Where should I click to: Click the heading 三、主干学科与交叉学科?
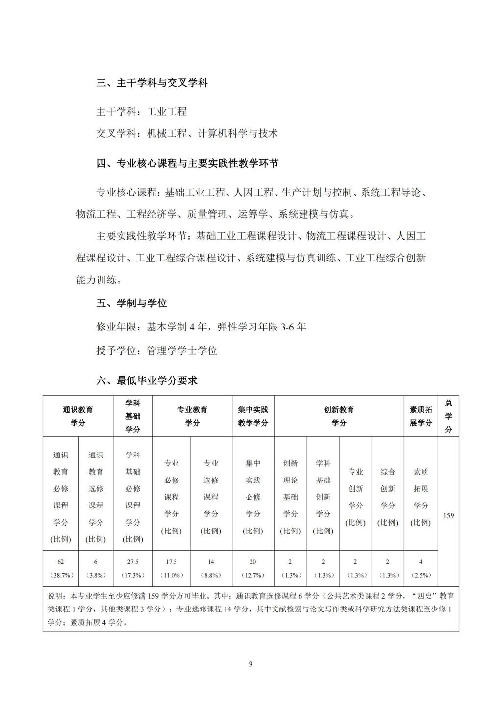click(x=152, y=83)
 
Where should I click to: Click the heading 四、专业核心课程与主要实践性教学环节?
click(x=187, y=163)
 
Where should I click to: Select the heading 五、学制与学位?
click(x=131, y=304)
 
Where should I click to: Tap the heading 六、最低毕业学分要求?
click(x=147, y=380)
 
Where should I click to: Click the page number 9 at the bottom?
click(x=251, y=664)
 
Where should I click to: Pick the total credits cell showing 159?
click(x=449, y=516)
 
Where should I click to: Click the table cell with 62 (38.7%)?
click(x=61, y=568)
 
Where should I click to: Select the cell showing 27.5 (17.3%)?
click(x=133, y=568)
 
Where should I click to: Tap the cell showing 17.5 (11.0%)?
click(x=171, y=568)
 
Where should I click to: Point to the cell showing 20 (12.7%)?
click(x=253, y=568)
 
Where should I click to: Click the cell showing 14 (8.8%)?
click(x=211, y=568)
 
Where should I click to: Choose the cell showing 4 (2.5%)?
click(x=421, y=568)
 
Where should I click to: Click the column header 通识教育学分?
click(x=78, y=416)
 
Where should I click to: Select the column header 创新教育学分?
click(x=339, y=416)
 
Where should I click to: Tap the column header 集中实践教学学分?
click(x=253, y=416)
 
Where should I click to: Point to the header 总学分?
click(x=449, y=416)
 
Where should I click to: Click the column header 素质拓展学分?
click(x=421, y=416)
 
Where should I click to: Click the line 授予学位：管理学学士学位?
click(x=156, y=350)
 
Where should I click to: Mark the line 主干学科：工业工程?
click(x=141, y=111)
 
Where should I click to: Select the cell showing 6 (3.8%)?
click(x=96, y=568)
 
